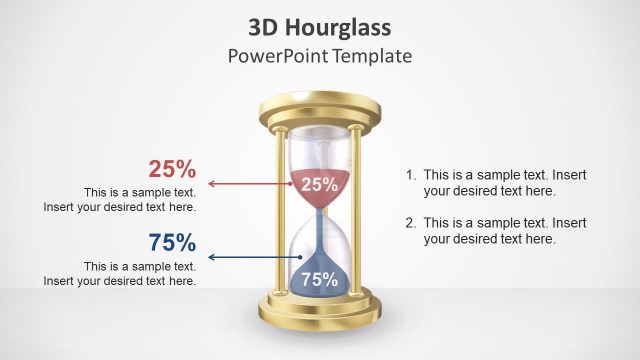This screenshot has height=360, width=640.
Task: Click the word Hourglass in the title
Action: pos(343,26)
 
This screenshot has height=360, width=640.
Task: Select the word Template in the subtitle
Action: pos(373,55)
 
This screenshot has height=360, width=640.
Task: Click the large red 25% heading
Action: pos(172,169)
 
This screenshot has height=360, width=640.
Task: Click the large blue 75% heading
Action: pos(172,242)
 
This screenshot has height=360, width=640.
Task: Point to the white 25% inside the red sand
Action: pos(319,184)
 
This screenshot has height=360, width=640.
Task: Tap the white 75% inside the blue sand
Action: pos(319,280)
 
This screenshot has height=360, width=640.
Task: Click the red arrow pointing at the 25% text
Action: pos(250,184)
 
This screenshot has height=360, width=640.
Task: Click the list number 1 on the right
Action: pos(410,174)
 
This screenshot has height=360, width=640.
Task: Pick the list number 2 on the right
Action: pos(410,222)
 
